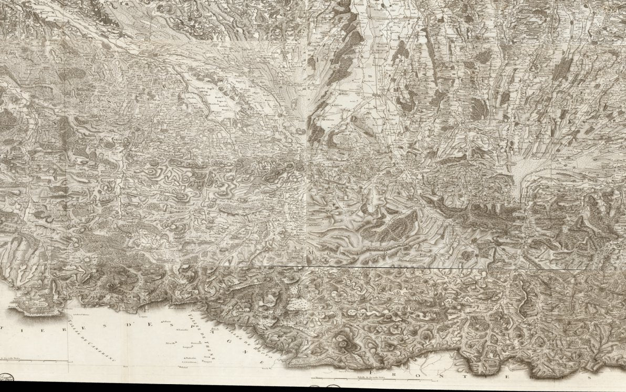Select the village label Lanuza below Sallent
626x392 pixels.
tap(182, 330)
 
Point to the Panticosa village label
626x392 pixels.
tap(196, 343)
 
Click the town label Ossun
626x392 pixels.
tap(329, 119)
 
